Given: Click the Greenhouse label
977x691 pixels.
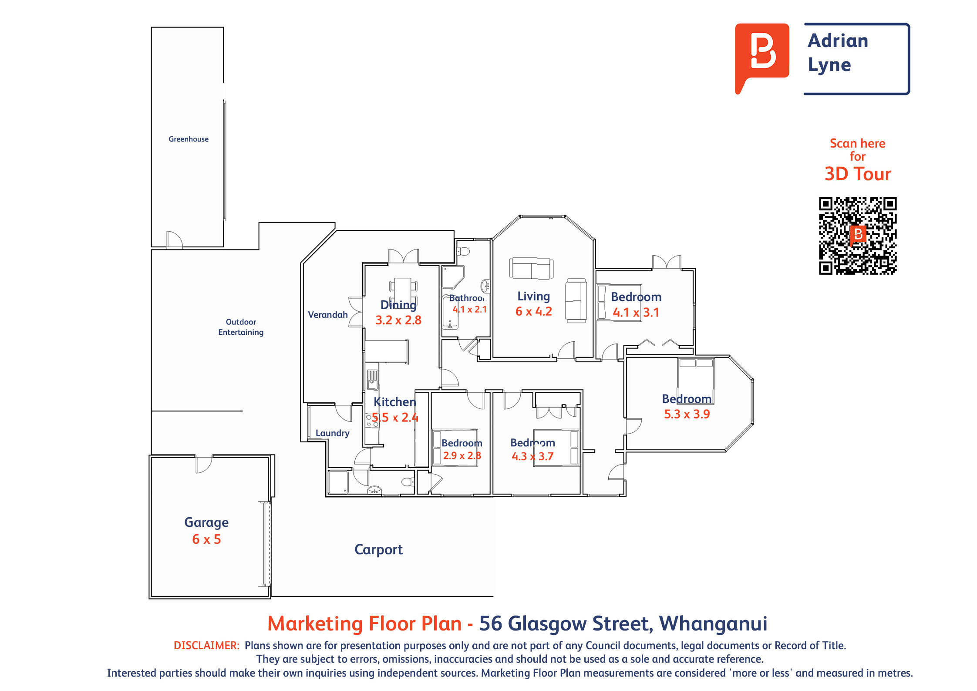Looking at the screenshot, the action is (x=189, y=139).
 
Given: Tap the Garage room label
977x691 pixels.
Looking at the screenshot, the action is (x=206, y=522).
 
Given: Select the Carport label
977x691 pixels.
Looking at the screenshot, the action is (x=378, y=550).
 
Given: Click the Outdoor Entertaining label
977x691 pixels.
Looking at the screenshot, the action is (x=241, y=327).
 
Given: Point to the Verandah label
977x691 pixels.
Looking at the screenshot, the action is (x=328, y=315).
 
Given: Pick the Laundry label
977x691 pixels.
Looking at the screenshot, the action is (x=333, y=433).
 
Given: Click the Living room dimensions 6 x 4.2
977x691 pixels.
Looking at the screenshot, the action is (x=534, y=312).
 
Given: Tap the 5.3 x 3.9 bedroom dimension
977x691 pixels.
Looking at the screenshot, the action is (x=687, y=414).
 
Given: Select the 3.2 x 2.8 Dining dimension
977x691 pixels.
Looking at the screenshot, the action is (x=398, y=320).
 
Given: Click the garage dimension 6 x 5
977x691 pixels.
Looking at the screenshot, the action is (x=206, y=539).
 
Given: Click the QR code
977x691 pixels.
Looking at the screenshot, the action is (x=858, y=236).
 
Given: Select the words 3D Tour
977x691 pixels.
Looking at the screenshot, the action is (x=858, y=174).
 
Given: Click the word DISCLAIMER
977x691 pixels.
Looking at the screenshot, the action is (x=206, y=646).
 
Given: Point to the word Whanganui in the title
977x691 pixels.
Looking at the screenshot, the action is (x=713, y=624).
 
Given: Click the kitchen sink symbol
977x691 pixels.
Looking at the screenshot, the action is (x=373, y=379).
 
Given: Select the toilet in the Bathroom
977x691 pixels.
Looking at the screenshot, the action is (x=464, y=251).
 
